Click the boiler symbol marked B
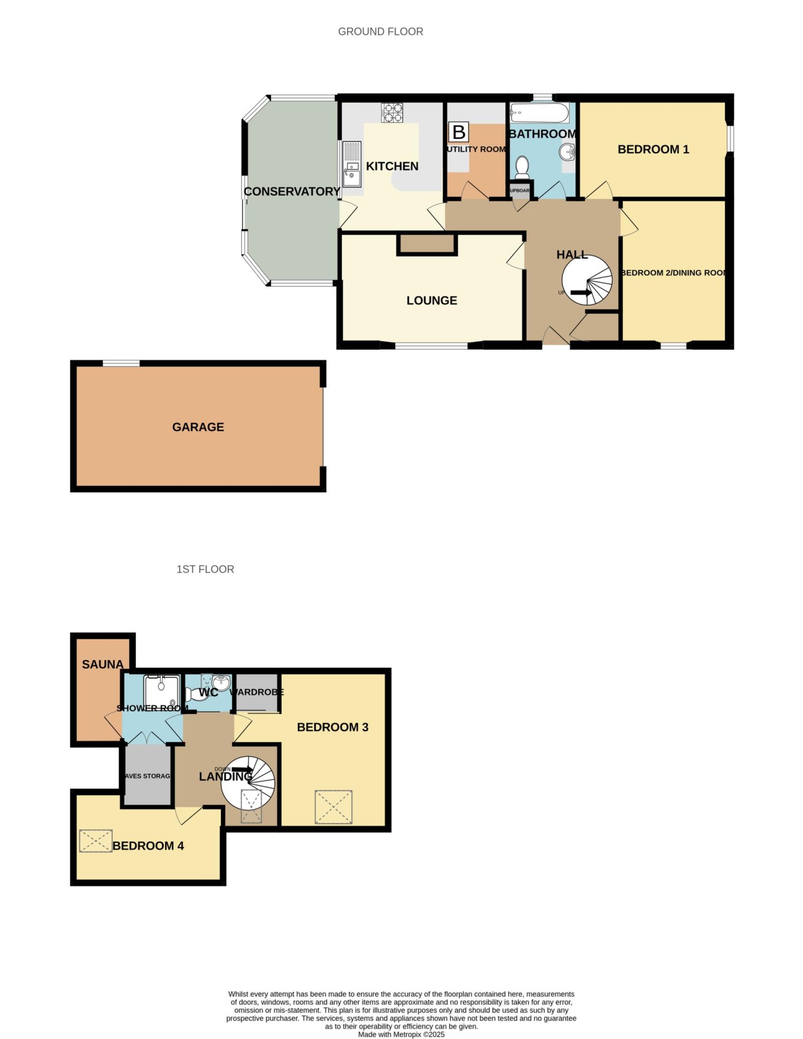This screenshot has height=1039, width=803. point(458,133)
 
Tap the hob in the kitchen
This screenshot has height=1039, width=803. point(392,113)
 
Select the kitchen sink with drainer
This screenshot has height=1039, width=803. point(352,164)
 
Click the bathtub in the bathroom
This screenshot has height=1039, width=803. point(539,113)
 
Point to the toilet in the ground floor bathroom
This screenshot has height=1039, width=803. point(522,166)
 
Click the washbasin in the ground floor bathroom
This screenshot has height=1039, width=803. point(567,150)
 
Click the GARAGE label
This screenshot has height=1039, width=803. point(198,427)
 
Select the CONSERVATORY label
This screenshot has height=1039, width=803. point(292,191)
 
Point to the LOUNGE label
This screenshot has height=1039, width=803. point(432,300)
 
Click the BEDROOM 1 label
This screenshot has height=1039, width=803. point(653,149)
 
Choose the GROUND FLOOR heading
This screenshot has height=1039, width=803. point(380,32)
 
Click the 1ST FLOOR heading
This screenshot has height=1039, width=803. point(205,569)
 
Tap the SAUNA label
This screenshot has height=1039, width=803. point(103,664)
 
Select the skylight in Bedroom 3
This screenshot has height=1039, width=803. point(333,807)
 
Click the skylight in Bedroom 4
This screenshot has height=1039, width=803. point(95,841)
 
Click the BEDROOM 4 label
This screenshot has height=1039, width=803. point(148,846)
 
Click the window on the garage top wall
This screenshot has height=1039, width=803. point(121,363)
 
